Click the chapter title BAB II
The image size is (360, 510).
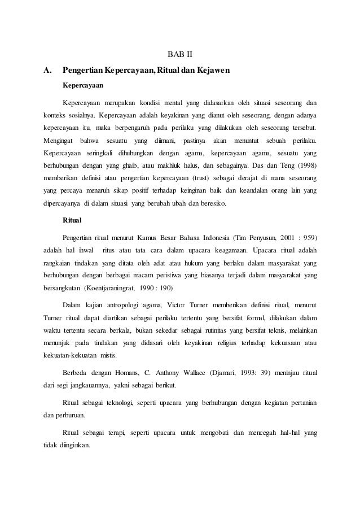[x=181, y=55]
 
